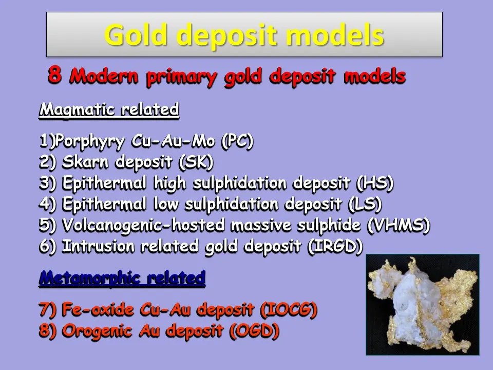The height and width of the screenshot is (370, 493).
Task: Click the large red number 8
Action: click(x=55, y=75)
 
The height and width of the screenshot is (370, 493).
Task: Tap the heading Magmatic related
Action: click(x=109, y=109)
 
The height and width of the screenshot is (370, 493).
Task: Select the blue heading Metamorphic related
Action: click(x=122, y=279)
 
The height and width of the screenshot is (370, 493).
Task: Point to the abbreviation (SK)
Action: click(x=196, y=162)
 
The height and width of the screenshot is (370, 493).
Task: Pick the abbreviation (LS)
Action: click(x=364, y=204)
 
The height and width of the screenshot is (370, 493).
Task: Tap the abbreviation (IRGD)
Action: click(x=335, y=246)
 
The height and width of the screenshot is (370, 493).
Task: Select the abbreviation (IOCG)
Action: click(x=289, y=310)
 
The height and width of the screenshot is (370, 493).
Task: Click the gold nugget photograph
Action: click(x=422, y=304)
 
